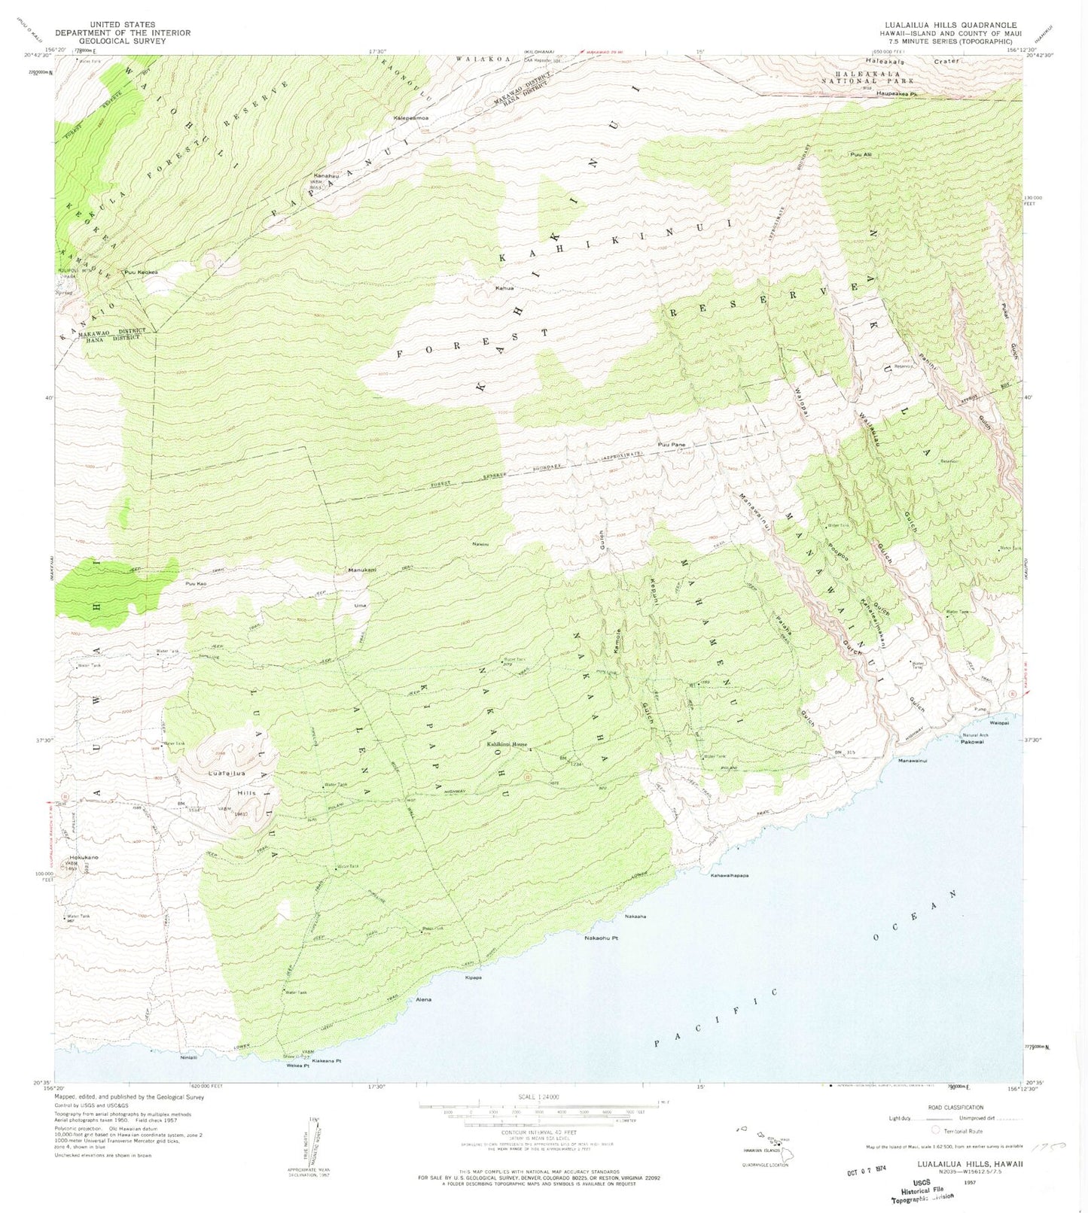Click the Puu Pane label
[672, 445]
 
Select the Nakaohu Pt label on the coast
[602, 938]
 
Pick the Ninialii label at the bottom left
[188, 1057]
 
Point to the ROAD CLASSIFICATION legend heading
[955, 1107]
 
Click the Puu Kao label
[196, 583]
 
